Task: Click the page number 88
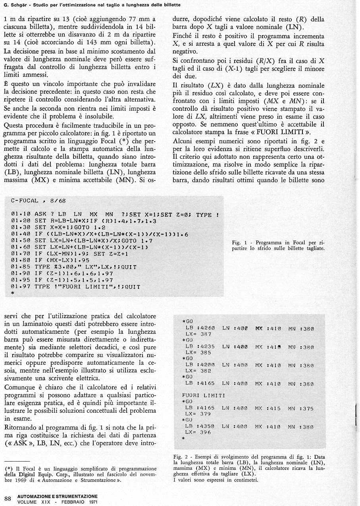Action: [8, 498]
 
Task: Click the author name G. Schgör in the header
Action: [17, 5]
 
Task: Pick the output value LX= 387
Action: [198, 335]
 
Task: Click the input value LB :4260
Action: [200, 328]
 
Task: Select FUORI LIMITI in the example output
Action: [203, 395]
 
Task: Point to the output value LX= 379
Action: [198, 414]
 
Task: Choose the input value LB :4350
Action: [200, 426]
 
